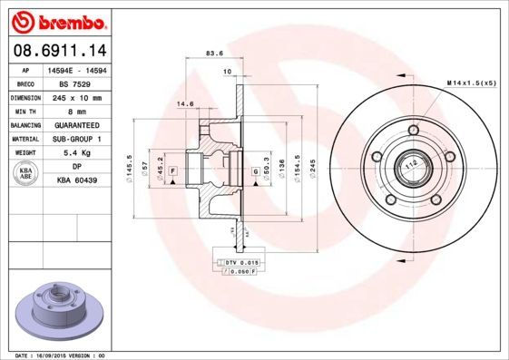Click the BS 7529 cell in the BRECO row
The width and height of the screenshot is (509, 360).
click(84, 83)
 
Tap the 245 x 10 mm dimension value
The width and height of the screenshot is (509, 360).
click(84, 97)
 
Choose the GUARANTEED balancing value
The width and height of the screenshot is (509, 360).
click(84, 125)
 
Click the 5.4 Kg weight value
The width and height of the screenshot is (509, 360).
click(84, 153)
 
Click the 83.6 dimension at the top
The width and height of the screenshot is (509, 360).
click(215, 53)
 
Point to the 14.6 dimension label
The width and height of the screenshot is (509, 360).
click(186, 103)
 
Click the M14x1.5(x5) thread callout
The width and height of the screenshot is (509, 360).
click(471, 83)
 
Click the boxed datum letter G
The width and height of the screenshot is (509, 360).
click(255, 170)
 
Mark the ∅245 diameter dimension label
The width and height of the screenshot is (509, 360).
click(311, 169)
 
